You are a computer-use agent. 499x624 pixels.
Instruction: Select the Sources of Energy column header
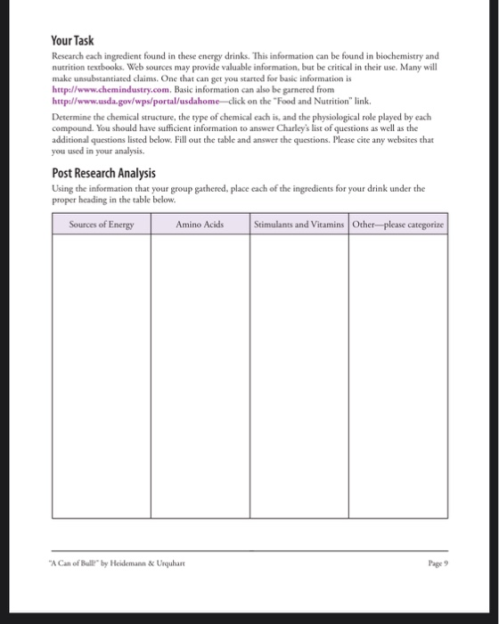pyautogui.click(x=101, y=225)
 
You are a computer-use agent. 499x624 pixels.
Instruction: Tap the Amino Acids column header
pyautogui.click(x=200, y=225)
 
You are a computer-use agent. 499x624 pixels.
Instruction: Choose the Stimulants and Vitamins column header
pyautogui.click(x=299, y=225)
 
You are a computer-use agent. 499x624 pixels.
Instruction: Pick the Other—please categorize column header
pyautogui.click(x=398, y=225)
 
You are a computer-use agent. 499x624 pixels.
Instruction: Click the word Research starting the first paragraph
pyautogui.click(x=68, y=54)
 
